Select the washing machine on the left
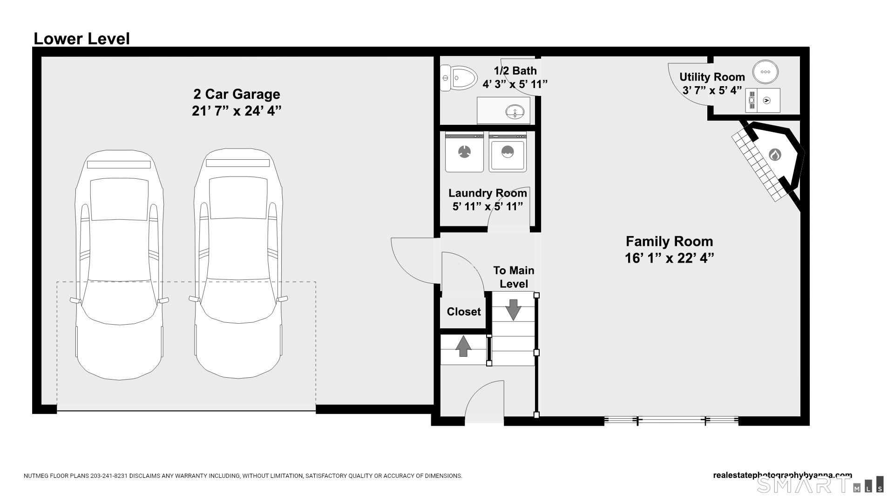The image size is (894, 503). click(464, 152)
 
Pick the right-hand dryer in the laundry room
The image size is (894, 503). click(508, 152)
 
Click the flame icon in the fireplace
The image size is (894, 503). click(774, 154)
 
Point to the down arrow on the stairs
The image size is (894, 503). click(513, 310)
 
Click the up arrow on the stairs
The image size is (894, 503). click(463, 346)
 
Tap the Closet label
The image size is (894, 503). click(464, 312)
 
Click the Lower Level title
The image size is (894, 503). click(81, 39)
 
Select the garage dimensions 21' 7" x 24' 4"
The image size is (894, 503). click(237, 111)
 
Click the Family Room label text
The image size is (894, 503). click(669, 241)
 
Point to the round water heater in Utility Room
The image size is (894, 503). click(765, 72)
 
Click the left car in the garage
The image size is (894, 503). click(120, 265)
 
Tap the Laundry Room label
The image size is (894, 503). click(488, 193)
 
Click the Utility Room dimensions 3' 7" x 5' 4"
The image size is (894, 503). click(712, 90)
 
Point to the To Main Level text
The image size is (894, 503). click(514, 277)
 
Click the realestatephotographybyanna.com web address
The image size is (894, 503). click(783, 475)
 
